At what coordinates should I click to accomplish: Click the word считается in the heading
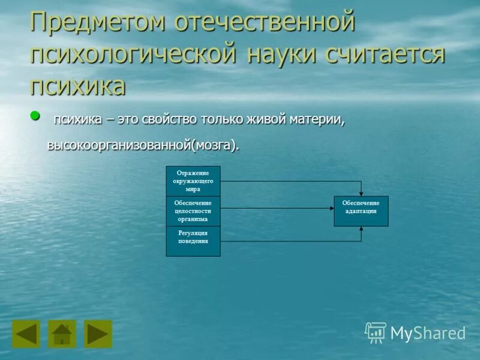click(385, 55)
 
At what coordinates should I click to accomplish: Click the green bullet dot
click(35, 115)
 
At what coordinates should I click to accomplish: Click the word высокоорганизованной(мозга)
click(143, 145)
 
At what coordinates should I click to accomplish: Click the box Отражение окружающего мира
click(193, 181)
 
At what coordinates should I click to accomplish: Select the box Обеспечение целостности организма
click(193, 211)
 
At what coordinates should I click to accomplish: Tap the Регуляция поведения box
click(193, 241)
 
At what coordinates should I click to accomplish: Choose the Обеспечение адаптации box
click(361, 211)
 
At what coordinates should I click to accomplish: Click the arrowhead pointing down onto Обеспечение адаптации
click(361, 193)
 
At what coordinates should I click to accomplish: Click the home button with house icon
click(62, 334)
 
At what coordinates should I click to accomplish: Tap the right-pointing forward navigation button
click(98, 334)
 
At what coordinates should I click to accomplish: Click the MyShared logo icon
click(376, 332)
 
